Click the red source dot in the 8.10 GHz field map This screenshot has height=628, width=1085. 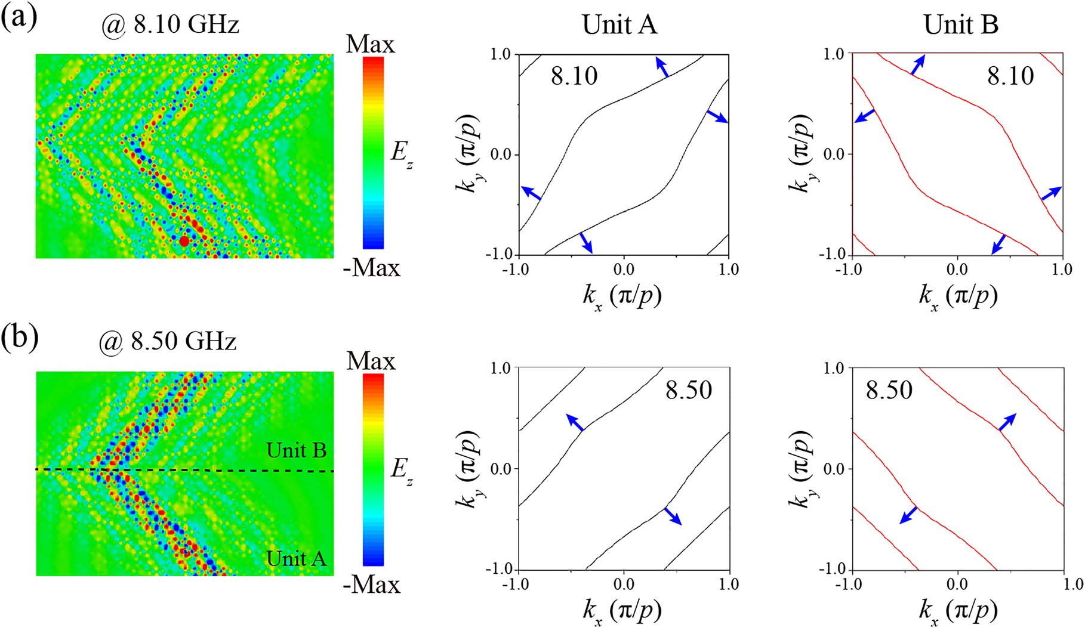pos(184,241)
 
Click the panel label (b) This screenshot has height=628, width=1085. pos(19,338)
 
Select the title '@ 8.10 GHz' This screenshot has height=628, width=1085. pos(169,25)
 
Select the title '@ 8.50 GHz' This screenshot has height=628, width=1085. pos(168,341)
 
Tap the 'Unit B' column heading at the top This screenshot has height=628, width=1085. pos(961,25)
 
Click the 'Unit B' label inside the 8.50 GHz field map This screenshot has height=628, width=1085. pos(296,450)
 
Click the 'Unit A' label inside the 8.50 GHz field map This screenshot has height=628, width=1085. pos(296,559)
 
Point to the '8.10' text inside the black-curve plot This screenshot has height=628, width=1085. pos(574,76)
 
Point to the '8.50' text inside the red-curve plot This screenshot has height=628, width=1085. pos(889,391)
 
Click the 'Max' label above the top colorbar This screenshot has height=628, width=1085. pos(370,44)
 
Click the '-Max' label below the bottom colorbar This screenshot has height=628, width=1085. pos(371,584)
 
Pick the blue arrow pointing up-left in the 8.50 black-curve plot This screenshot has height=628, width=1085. pos(575,422)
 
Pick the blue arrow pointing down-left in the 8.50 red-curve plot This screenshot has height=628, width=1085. pos(908,515)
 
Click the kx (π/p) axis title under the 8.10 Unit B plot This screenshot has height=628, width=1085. pos(957,296)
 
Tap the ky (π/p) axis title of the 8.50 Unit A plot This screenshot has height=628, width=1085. pos(468,469)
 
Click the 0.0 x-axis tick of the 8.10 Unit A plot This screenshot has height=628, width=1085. pos(624,270)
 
